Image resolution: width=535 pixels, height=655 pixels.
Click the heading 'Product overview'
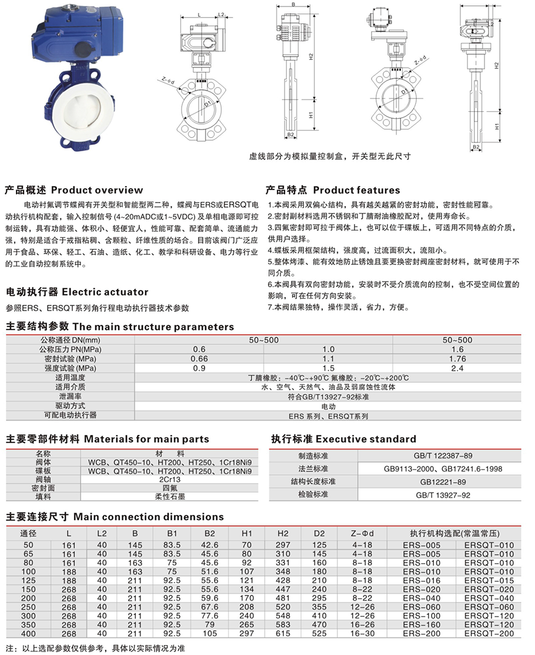click(97, 190)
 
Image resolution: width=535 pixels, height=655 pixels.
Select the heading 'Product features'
click(356, 190)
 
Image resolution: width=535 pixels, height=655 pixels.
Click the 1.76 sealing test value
click(457, 359)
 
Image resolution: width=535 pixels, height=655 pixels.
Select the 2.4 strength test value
click(457, 368)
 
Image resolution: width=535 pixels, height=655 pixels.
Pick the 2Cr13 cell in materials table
click(170, 480)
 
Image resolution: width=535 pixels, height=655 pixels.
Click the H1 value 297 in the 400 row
click(247, 634)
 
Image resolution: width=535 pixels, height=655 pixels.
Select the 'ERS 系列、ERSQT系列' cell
click(328, 415)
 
